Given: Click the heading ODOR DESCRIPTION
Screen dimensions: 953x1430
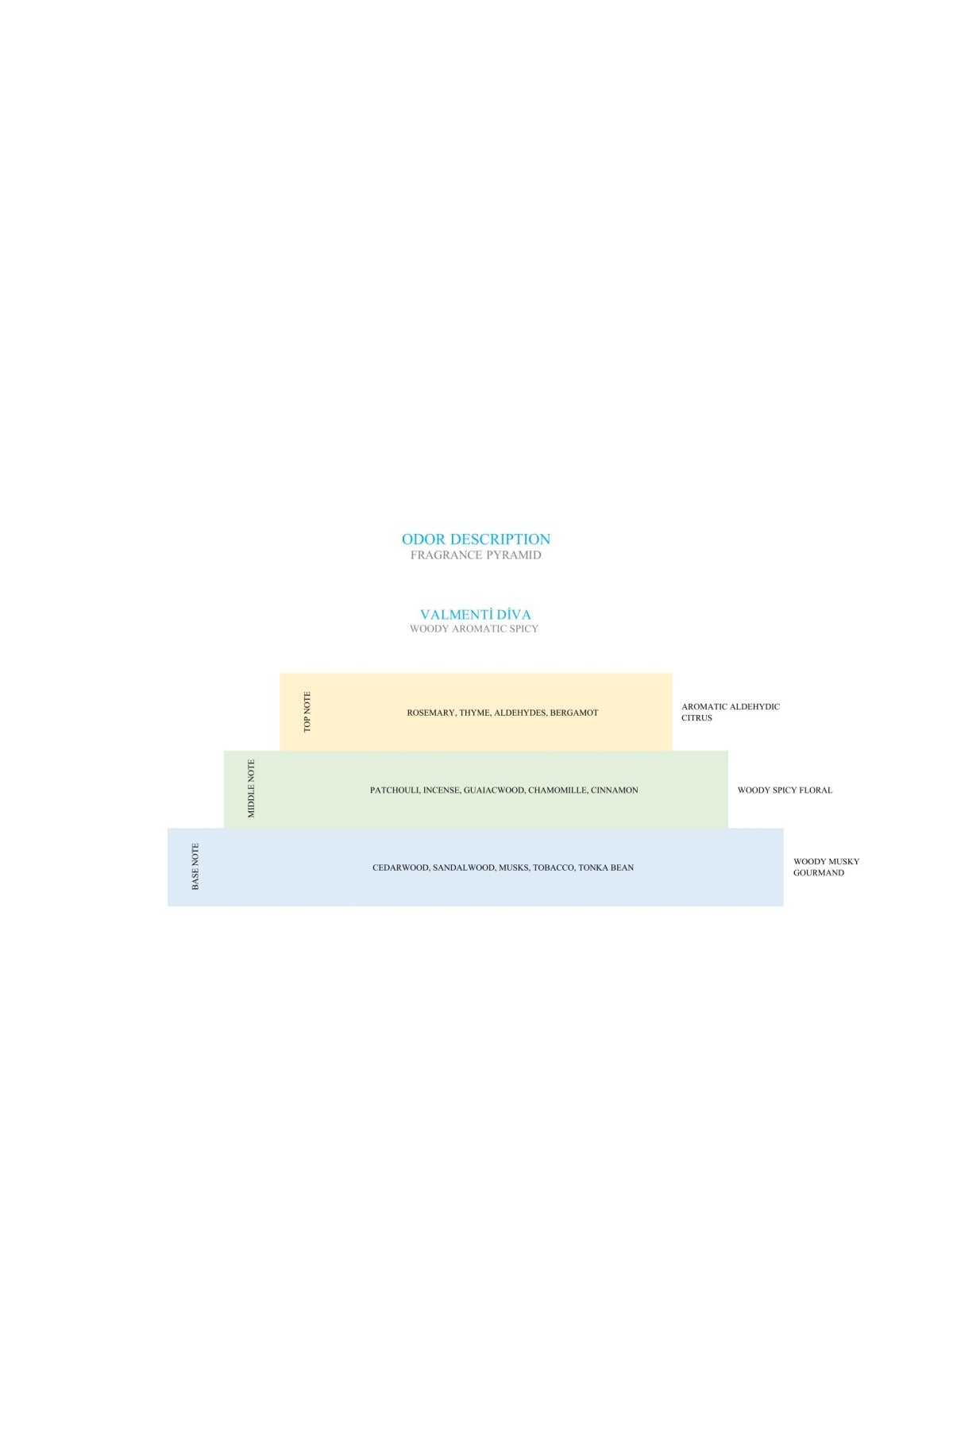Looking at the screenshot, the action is [x=476, y=539].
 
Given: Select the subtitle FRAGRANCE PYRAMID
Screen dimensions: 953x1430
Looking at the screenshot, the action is [x=476, y=555].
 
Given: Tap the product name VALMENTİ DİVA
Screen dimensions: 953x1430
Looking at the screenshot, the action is [x=476, y=614].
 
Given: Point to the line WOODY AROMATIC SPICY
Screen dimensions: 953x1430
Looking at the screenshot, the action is [x=474, y=628].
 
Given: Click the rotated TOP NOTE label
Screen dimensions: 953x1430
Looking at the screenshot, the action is [x=307, y=712].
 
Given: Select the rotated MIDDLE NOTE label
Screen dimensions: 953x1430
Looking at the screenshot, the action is [x=252, y=789].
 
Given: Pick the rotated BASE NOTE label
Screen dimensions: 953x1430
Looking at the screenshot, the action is [x=195, y=867].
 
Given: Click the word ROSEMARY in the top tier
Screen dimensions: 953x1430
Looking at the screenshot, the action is [x=431, y=713].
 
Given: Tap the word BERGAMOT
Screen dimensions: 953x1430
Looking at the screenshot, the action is [x=574, y=713].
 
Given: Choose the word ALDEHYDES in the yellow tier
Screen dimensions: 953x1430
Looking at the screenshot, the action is [x=520, y=713].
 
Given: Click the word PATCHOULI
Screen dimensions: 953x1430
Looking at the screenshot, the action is [x=395, y=790].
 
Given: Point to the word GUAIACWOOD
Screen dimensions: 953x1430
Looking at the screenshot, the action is [x=494, y=790].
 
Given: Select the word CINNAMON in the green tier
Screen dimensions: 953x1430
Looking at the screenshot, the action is [x=615, y=790].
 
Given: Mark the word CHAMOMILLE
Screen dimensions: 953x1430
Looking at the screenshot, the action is [x=558, y=790].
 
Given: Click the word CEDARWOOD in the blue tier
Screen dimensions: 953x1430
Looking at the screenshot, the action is [x=401, y=868].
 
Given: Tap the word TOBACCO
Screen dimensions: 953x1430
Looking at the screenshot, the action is [x=554, y=868].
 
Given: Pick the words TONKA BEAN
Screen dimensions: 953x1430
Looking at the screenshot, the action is [x=606, y=868].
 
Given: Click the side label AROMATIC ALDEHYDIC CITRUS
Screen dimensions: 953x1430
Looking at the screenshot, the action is [x=731, y=712].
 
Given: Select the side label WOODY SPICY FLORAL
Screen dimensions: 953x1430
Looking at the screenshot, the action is [x=785, y=790].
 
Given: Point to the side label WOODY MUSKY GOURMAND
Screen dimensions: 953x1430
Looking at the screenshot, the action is [x=826, y=867].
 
